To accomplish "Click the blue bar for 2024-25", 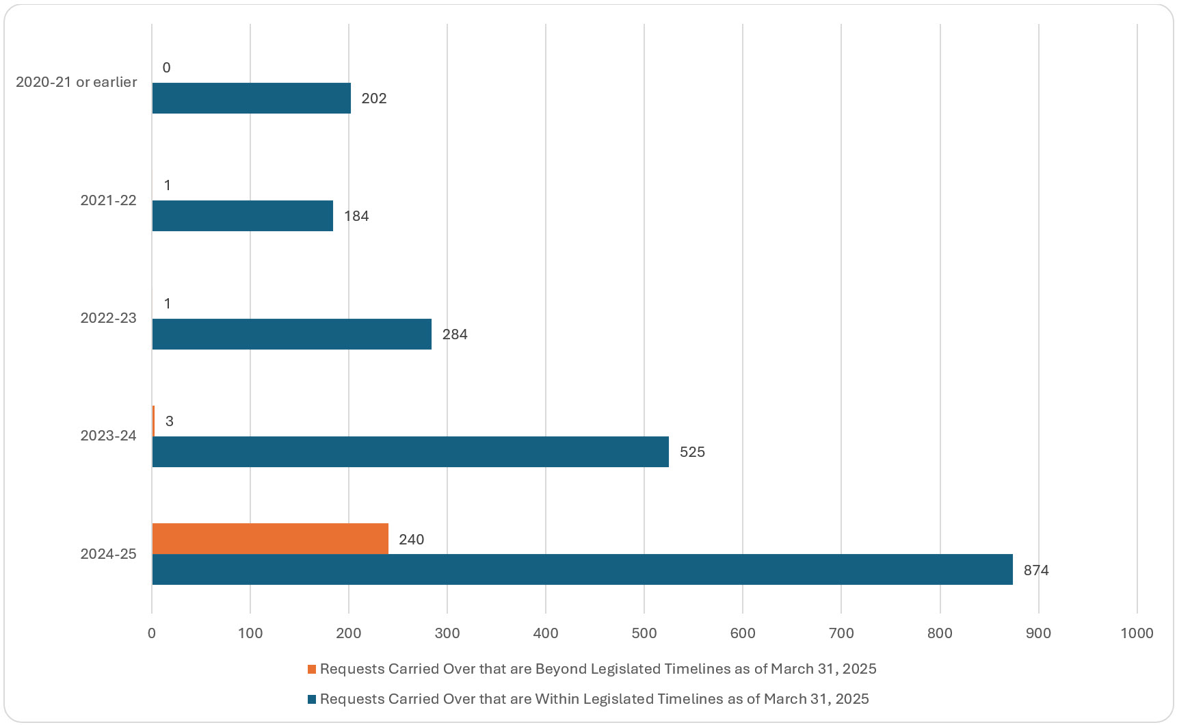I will point(581,569).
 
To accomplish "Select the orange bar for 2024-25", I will point(270,538).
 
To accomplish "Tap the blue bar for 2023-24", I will point(410,451).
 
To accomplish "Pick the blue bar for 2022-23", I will point(292,334).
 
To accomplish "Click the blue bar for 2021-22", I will point(243,215).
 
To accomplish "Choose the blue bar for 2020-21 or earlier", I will point(251,98).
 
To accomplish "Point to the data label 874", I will point(1035,570).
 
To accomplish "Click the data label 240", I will point(411,539).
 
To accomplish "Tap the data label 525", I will point(691,451).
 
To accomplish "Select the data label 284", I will point(454,334).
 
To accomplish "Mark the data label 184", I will point(356,215).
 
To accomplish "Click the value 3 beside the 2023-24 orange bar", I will point(169,421).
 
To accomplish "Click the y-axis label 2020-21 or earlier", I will point(76,82).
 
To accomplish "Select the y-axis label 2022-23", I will point(108,318).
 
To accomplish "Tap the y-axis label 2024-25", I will point(108,554).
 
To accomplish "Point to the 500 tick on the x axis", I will point(644,633).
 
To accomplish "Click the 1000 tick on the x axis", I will point(1136,633).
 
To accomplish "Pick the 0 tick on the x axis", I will point(152,633).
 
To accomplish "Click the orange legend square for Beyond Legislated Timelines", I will point(312,669).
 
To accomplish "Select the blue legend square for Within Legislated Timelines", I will point(312,699).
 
